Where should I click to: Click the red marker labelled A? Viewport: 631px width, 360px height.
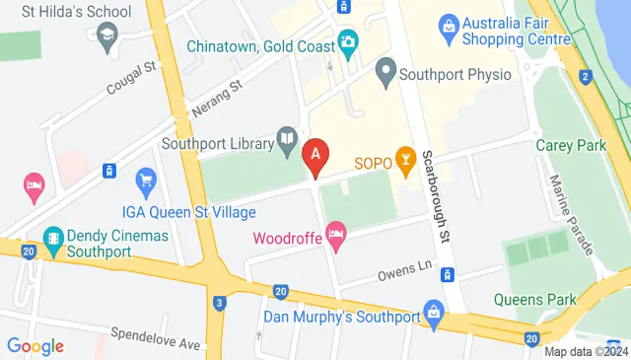coord(315,155)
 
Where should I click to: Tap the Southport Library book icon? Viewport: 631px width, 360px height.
coord(287,140)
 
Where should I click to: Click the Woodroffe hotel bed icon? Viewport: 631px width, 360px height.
coord(336,236)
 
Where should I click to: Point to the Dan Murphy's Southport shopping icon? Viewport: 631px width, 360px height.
coord(431,318)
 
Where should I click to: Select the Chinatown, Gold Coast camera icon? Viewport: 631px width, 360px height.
coord(347,41)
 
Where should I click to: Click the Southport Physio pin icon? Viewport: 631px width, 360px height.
coord(386,71)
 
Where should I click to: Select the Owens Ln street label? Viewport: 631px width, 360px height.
coord(399,266)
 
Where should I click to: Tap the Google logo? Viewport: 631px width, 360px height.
coord(35,346)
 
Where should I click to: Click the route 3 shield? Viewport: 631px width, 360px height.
coord(219,303)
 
